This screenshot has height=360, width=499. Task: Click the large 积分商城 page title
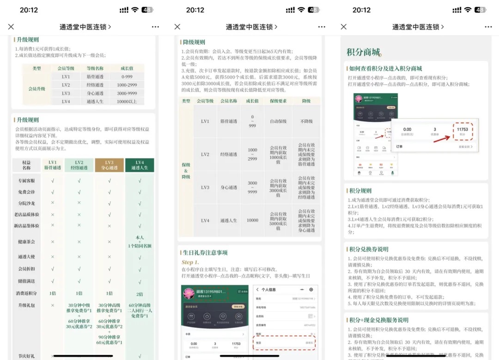(363, 52)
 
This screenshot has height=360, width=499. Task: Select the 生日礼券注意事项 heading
(204, 253)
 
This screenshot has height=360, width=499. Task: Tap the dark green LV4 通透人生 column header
(140, 165)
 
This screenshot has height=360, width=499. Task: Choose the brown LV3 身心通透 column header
(109, 165)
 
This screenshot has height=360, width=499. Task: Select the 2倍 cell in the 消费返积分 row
(140, 293)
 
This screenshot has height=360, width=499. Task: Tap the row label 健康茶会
(27, 242)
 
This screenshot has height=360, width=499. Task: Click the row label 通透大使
(27, 257)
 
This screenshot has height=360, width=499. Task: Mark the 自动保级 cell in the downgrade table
(279, 122)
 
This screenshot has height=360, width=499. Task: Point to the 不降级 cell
(306, 122)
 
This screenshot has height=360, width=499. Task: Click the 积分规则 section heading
(360, 191)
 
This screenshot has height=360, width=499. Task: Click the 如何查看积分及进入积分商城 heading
(385, 69)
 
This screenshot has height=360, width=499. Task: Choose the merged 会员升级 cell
(37, 89)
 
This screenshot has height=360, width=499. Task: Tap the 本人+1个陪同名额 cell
(140, 242)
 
